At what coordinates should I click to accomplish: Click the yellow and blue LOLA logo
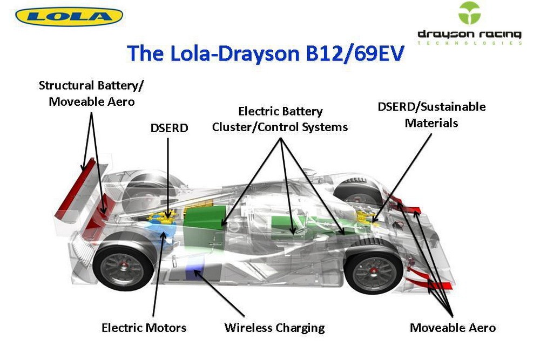(x=69, y=16)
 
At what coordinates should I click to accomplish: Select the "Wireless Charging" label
(x=274, y=328)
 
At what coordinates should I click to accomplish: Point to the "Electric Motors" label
(x=144, y=328)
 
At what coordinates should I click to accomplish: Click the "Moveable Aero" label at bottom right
(x=453, y=328)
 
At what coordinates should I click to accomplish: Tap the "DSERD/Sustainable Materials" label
(x=431, y=114)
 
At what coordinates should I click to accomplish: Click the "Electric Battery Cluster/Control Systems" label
(x=280, y=119)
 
